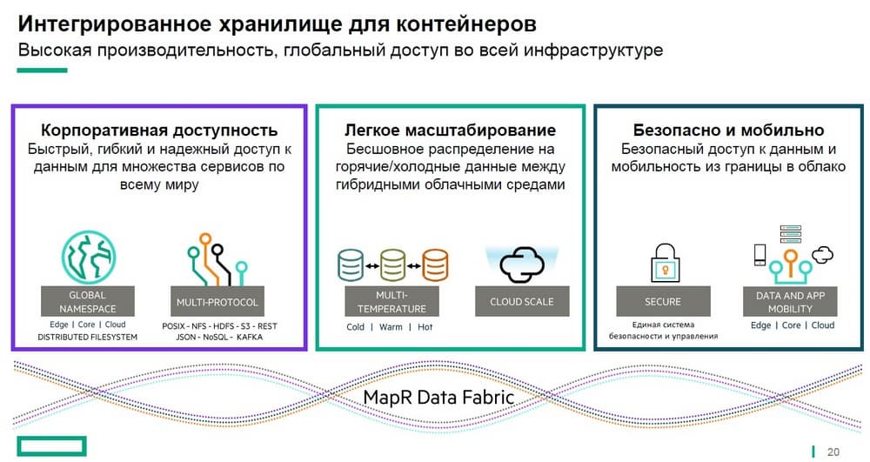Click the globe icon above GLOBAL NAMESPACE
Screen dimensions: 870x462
coord(88,258)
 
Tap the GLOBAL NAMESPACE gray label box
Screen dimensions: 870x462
coord(88,302)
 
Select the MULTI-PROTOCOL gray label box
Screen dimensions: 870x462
coord(217,302)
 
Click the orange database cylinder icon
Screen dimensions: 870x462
coord(435,265)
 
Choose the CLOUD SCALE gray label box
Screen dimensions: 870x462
coord(522,302)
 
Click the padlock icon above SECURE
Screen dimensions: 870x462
coord(665,263)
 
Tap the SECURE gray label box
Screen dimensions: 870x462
coord(663,302)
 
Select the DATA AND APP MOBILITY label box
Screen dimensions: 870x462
coord(790,302)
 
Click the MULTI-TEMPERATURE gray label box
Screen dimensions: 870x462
coord(391,302)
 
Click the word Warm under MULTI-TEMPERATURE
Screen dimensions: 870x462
coord(391,327)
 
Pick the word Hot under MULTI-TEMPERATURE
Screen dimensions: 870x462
coord(425,327)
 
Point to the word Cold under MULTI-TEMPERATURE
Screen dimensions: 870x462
coord(355,327)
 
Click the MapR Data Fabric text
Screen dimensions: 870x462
coord(438,397)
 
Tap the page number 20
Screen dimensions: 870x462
coord(833,452)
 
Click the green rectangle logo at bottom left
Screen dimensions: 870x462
coord(51,446)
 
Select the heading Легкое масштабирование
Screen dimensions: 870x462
coord(450,131)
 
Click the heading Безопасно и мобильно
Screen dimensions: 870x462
coord(728,131)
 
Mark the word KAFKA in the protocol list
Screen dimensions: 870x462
coord(250,337)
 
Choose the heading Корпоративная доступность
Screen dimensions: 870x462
coord(159,131)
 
